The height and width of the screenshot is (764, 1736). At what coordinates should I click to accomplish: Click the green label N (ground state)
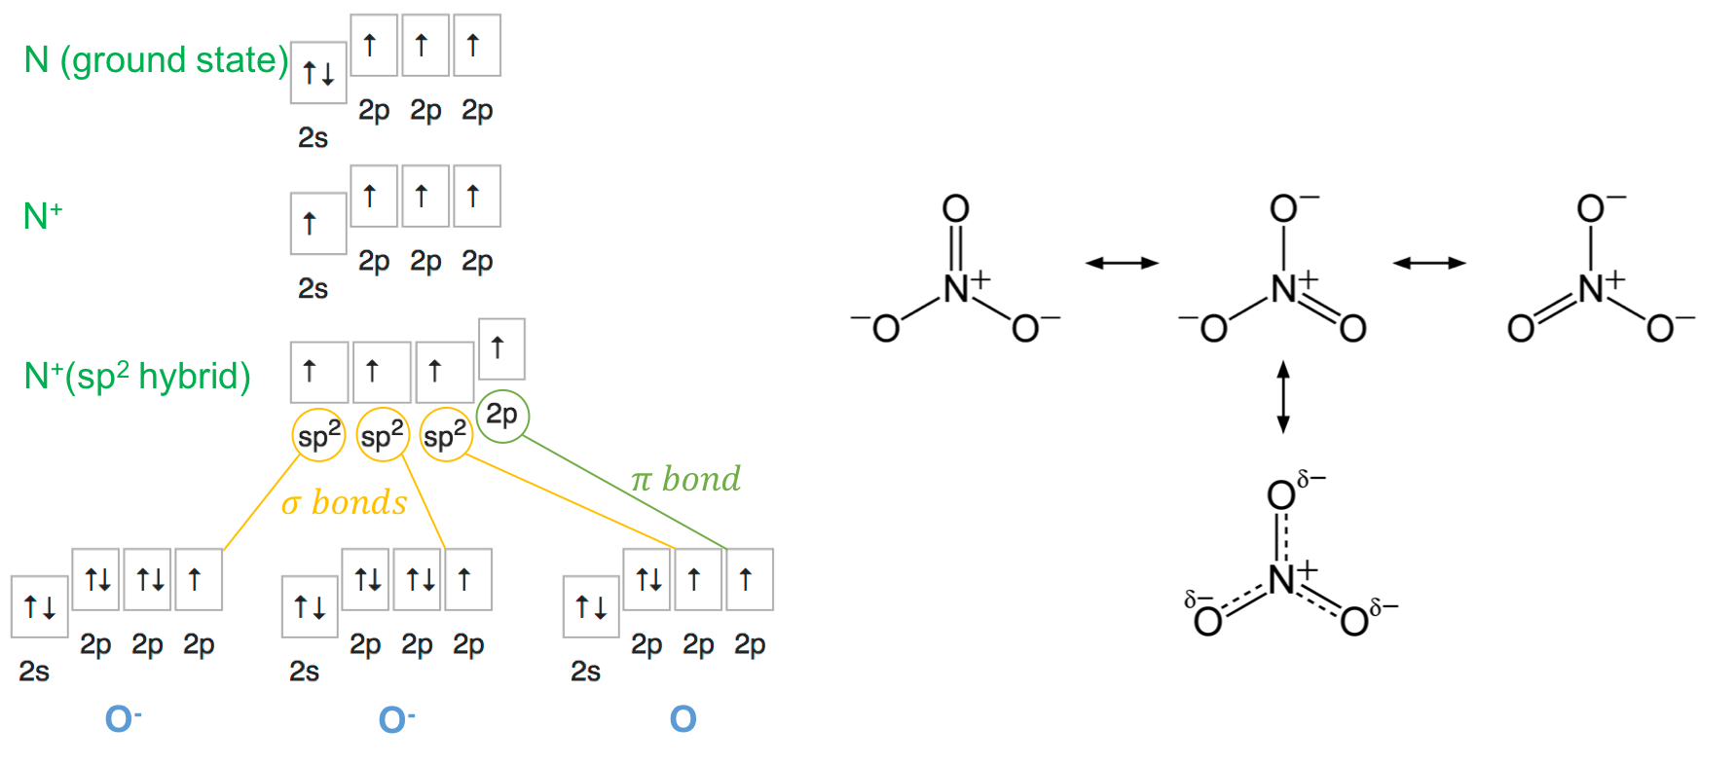click(x=156, y=60)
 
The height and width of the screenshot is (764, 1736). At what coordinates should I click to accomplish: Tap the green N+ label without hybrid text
click(x=42, y=215)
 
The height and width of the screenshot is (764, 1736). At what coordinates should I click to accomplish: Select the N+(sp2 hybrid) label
click(x=137, y=376)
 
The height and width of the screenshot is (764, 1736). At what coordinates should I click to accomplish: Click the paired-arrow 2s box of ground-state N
click(x=318, y=73)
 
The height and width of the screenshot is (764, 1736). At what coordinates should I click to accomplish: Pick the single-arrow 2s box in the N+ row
click(x=318, y=224)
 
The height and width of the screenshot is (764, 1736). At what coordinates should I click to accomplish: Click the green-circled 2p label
click(x=502, y=416)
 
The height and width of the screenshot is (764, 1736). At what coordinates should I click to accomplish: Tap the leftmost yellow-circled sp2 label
click(x=318, y=435)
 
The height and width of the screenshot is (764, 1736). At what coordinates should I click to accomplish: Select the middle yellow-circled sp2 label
click(x=382, y=435)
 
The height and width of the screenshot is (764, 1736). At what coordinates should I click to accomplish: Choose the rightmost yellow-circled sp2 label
click(x=445, y=435)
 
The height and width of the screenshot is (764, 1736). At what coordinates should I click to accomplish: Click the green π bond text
click(x=685, y=479)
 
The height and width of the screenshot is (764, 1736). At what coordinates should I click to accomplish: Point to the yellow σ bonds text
click(x=344, y=502)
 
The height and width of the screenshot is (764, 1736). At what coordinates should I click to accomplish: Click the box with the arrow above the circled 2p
click(x=500, y=347)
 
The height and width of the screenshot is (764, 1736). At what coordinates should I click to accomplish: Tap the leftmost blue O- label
click(x=123, y=719)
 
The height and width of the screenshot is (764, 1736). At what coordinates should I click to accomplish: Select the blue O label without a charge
click(x=683, y=719)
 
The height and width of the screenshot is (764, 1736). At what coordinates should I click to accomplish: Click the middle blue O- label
click(x=396, y=719)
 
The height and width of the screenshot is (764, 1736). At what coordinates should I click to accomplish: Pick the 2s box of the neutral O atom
click(x=591, y=607)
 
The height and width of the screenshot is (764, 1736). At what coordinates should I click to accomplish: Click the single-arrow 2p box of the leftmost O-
click(x=198, y=580)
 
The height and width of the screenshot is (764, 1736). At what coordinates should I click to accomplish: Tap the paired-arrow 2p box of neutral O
click(x=647, y=580)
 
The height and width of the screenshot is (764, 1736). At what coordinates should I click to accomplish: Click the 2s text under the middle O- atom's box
click(x=304, y=672)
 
